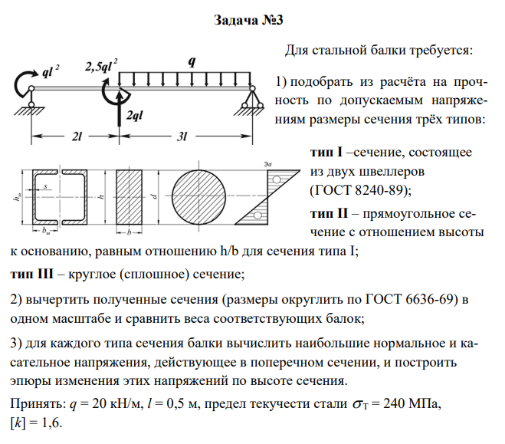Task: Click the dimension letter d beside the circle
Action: tap(155, 196)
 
